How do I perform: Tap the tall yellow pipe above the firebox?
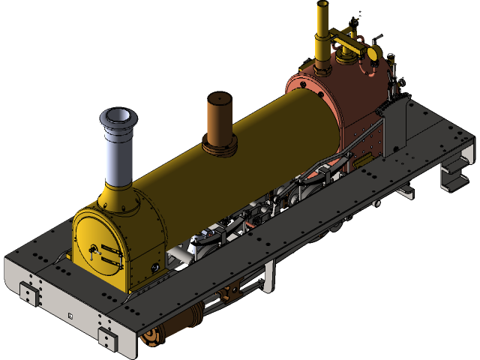pos(323,37)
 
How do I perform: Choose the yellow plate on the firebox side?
pos(367,160)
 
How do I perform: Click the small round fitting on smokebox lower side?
pos(155,266)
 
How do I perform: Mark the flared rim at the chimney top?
pos(118,117)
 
